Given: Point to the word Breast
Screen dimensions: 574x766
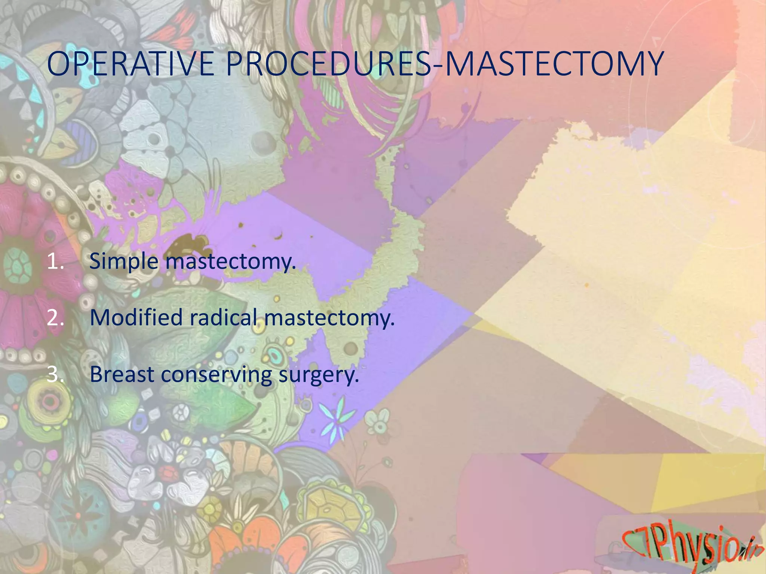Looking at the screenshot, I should pyautogui.click(x=122, y=374).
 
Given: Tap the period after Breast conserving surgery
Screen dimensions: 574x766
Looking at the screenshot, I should pyautogui.click(x=356, y=381).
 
